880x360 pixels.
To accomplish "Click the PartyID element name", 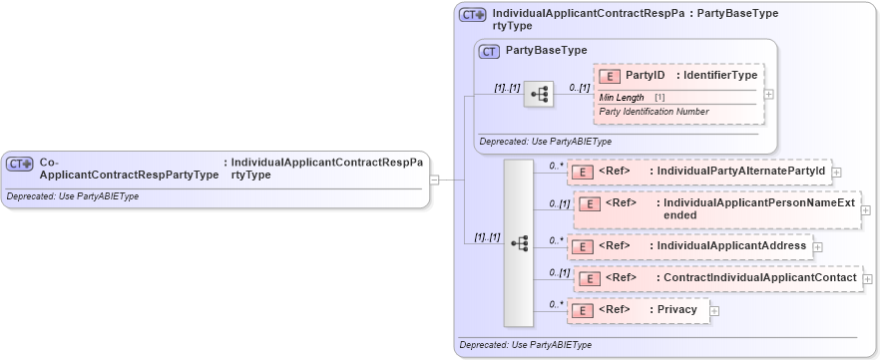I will point(645,75).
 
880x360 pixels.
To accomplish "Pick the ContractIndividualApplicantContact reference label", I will point(756,277).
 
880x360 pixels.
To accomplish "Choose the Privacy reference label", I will point(676,310).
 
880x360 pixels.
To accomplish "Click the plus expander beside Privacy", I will point(714,311).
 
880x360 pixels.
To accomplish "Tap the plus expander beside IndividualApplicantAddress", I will point(817,246).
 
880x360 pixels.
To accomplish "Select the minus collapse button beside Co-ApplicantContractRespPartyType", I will point(434,180).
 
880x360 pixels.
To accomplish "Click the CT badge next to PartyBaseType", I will point(489,51).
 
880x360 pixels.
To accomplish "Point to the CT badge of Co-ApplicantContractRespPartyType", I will point(20,164).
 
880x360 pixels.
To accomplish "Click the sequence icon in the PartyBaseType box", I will point(539,94).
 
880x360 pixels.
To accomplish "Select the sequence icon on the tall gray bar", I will point(519,242).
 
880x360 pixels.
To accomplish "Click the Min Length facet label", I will point(622,97).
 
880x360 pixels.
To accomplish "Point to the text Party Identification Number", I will point(654,111).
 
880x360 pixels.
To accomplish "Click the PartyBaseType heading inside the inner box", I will point(546,50).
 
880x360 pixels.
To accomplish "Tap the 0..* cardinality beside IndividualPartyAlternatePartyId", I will point(556,166).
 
